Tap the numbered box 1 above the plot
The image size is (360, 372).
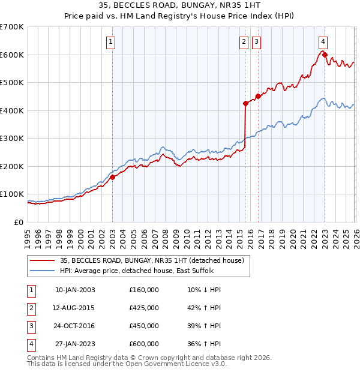pos(112,41)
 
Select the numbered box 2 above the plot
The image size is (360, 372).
pos(244,41)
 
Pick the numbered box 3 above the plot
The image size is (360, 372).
pos(256,41)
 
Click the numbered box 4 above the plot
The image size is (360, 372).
pos(323,41)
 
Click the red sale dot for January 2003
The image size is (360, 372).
pos(112,177)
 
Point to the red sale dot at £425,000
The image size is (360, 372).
pos(245,103)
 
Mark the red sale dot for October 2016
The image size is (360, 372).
pos(258,96)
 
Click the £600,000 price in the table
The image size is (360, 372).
pos(144,344)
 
